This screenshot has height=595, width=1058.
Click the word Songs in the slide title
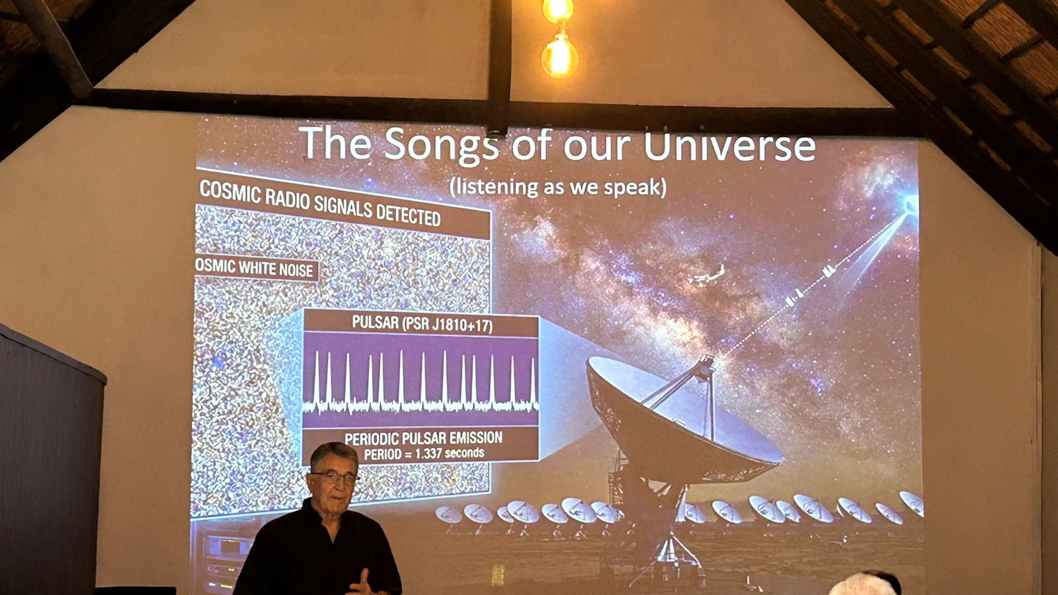pyautogui.click(x=441, y=145)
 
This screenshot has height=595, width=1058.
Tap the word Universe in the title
pyautogui.click(x=730, y=146)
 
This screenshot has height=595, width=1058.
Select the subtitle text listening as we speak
pyautogui.click(x=558, y=188)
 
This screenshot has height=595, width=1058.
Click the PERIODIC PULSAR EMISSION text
pyautogui.click(x=423, y=438)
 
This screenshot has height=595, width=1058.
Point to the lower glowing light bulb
pyautogui.click(x=559, y=56)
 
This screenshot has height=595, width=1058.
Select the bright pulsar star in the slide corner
pyautogui.click(x=911, y=205)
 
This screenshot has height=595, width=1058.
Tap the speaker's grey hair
pyautogui.click(x=335, y=454)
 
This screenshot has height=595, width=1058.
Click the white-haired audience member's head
pyautogui.click(x=864, y=584)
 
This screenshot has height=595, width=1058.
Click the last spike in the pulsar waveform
pyautogui.click(x=533, y=381)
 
